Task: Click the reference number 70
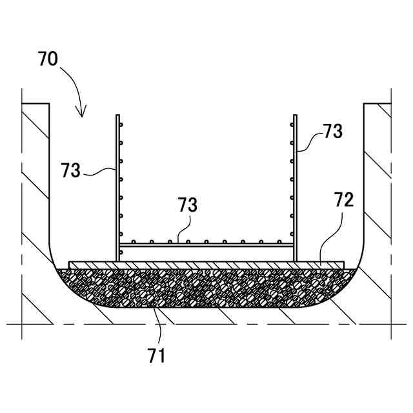click(x=48, y=60)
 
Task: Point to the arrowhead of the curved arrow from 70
click(x=81, y=115)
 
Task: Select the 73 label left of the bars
click(x=72, y=170)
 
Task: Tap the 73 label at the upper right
click(x=333, y=132)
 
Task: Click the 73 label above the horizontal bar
click(x=188, y=206)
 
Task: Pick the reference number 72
click(x=344, y=199)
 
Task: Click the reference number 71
click(x=157, y=354)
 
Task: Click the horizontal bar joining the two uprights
click(x=206, y=246)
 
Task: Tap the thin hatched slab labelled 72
click(x=206, y=265)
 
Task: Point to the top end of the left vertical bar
click(x=118, y=117)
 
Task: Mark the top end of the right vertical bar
click(x=295, y=117)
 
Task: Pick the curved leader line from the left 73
click(x=100, y=170)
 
